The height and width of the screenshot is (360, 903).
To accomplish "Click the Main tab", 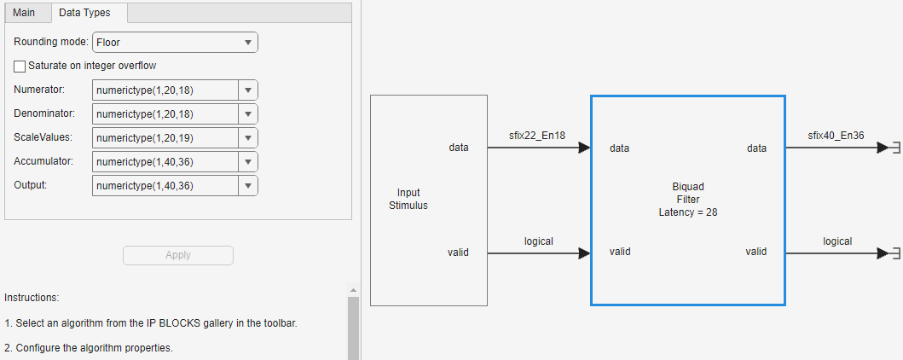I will (24, 13).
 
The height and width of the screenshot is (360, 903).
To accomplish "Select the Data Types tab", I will (84, 13).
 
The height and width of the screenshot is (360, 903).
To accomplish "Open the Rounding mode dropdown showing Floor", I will (175, 42).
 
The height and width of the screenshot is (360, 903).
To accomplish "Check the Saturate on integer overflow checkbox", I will (20, 66).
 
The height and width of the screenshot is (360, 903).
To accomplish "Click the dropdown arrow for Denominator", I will (247, 114).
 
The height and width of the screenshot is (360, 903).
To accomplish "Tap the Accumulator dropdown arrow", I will (247, 161).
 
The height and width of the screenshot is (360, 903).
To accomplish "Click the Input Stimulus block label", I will (408, 199).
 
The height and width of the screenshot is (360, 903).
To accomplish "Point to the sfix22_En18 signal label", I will (537, 136).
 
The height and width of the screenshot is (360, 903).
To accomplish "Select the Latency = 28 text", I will (687, 212).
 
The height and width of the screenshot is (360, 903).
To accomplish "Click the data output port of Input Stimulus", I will (459, 148).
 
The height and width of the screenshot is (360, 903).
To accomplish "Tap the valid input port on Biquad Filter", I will (620, 252).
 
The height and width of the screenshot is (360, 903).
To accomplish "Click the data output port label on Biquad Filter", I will (756, 148).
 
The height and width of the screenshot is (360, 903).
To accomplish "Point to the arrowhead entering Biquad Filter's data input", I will (584, 148).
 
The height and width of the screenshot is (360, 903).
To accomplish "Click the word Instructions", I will (32, 298).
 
